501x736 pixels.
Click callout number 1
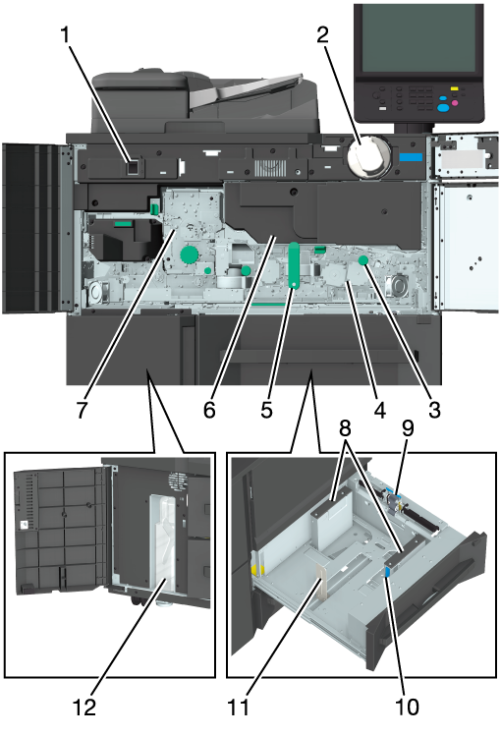[x=67, y=35]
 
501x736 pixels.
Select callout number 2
[x=323, y=35]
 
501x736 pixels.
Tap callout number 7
[x=82, y=410]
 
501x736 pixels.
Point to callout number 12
[x=84, y=708]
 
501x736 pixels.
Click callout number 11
[x=238, y=708]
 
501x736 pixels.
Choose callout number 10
[x=407, y=708]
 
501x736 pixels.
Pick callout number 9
[x=407, y=428]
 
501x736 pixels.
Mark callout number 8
[x=345, y=428]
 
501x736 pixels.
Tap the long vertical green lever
[x=294, y=265]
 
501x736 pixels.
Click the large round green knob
[x=190, y=255]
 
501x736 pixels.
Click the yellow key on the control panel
[x=454, y=88]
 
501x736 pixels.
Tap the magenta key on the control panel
[x=454, y=102]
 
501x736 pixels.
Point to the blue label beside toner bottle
[x=411, y=157]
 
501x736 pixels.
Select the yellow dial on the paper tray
[x=257, y=570]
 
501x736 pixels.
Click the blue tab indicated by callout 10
[x=387, y=571]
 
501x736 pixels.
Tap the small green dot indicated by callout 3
[x=362, y=260]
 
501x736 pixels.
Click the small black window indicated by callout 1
[x=134, y=168]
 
